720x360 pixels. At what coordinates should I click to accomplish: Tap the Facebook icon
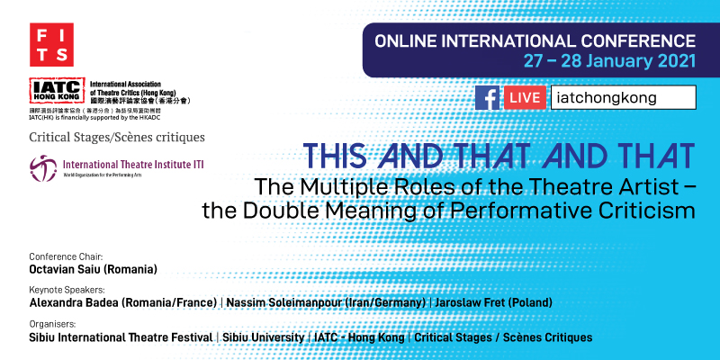click(x=487, y=97)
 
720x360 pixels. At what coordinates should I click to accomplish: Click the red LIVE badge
click(x=525, y=97)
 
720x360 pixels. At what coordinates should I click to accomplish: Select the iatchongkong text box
click(x=623, y=97)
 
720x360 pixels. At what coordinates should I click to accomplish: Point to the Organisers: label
click(x=51, y=324)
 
